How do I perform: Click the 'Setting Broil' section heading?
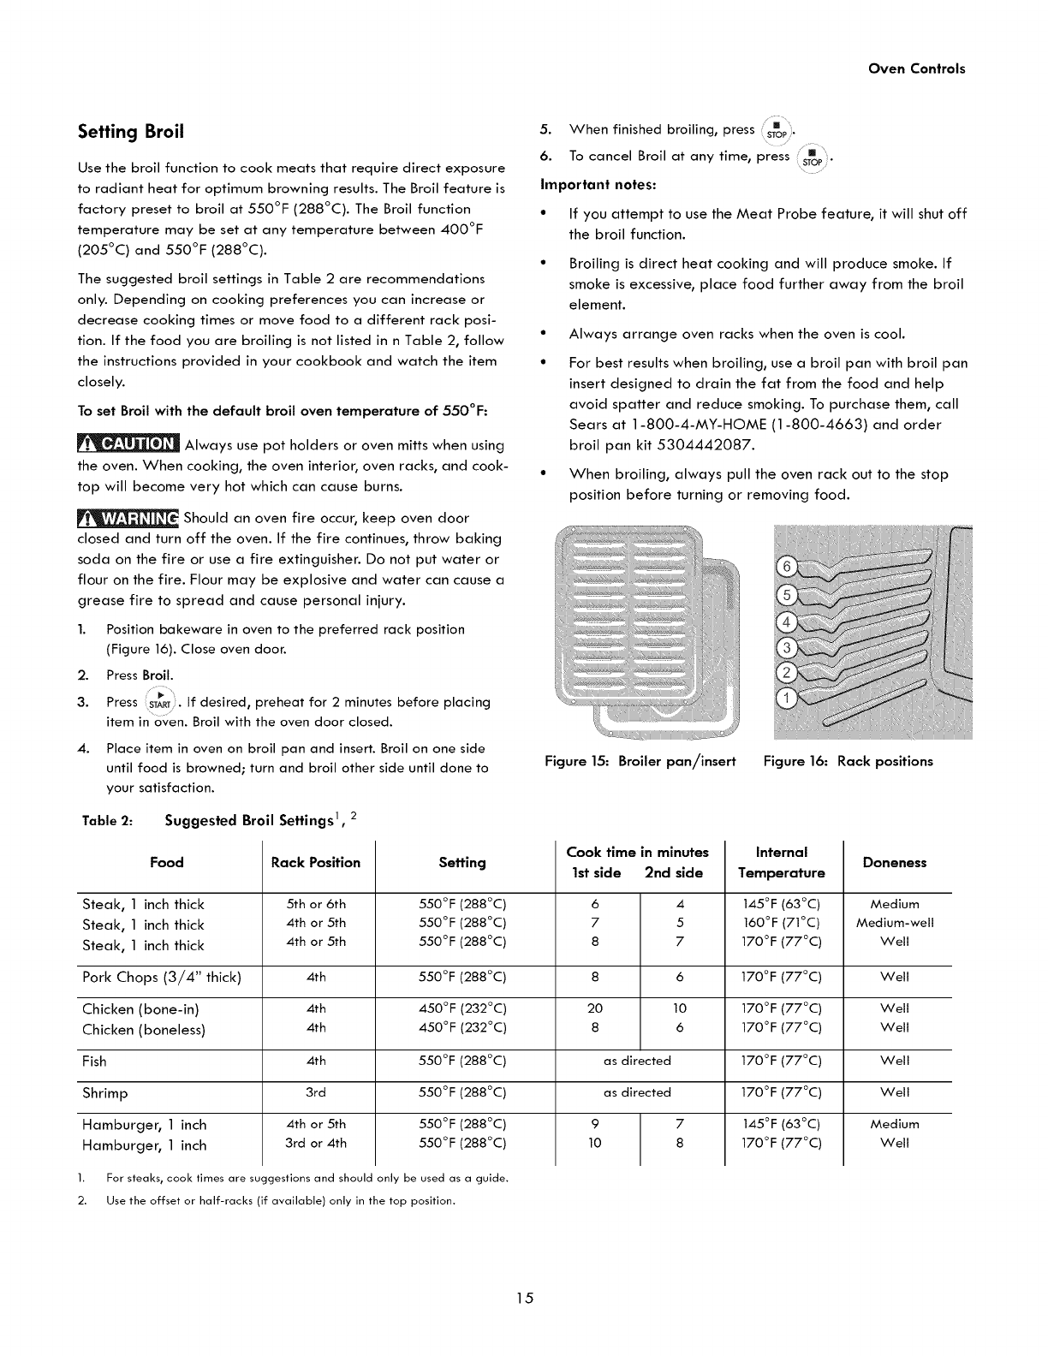click(x=131, y=132)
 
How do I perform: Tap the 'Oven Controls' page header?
click(x=916, y=68)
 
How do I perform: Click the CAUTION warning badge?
click(x=128, y=444)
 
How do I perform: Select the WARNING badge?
click(x=128, y=519)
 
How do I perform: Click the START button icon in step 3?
click(x=160, y=702)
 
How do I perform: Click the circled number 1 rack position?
click(x=784, y=699)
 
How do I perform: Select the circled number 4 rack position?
click(x=784, y=620)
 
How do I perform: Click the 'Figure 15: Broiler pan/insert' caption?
click(x=640, y=761)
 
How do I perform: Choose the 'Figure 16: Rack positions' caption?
click(x=848, y=761)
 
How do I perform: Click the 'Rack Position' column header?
click(x=316, y=862)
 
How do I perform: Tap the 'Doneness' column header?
click(x=894, y=863)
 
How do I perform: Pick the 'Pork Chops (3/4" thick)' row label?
click(x=162, y=977)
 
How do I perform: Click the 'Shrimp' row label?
click(x=104, y=1093)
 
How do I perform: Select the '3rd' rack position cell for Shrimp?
click(x=315, y=1093)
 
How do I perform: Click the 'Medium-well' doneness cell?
click(x=895, y=923)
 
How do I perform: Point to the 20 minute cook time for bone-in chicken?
click(x=595, y=1008)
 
